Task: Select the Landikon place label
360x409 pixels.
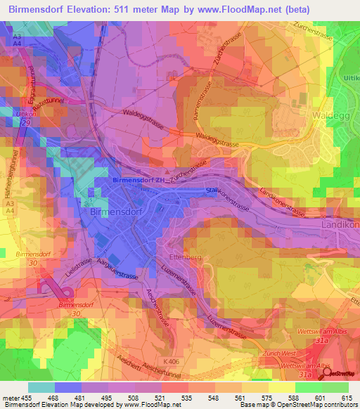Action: [340, 224]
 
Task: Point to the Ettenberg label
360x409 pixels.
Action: [186, 257]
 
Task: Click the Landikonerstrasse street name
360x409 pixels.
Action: [282, 202]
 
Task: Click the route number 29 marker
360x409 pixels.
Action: [26, 123]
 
